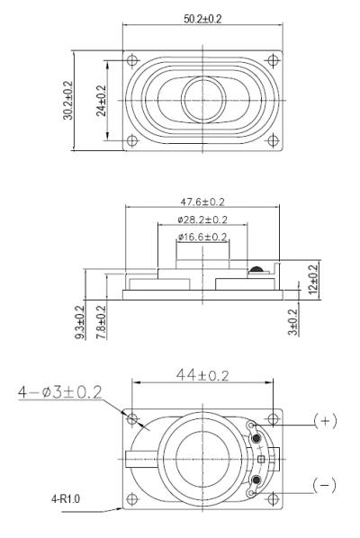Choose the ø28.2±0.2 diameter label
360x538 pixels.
tap(202, 220)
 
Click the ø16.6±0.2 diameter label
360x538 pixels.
tap(202, 236)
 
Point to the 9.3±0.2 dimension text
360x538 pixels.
tap(80, 322)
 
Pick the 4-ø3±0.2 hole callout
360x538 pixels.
tap(58, 392)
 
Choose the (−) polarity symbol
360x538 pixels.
tap(325, 485)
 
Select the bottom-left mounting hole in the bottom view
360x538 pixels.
tap(134, 498)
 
